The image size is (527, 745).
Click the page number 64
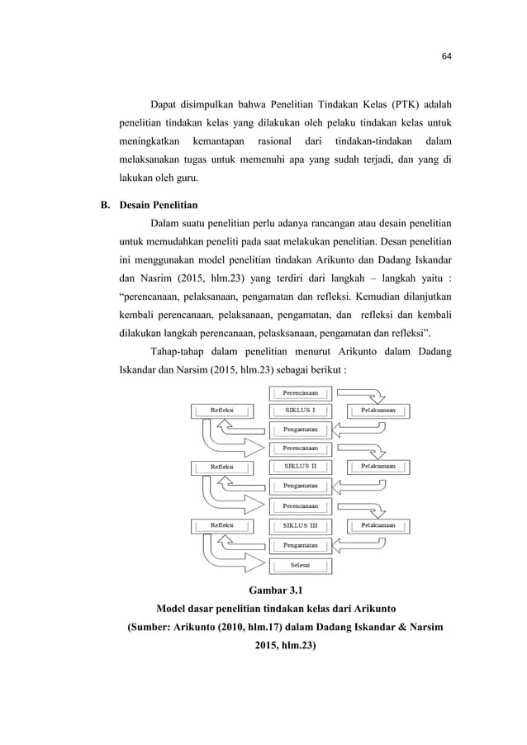(447, 57)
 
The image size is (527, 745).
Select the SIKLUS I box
(300, 410)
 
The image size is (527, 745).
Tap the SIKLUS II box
(300, 466)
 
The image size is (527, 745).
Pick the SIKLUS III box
(300, 525)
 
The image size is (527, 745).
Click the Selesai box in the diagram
(300, 566)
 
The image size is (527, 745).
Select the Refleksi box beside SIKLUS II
(221, 466)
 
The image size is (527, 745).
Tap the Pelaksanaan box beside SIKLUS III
(378, 525)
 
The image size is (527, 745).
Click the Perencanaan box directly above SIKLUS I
(300, 392)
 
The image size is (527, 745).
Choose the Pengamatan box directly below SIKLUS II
(300, 486)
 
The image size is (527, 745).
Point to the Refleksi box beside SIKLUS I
(221, 410)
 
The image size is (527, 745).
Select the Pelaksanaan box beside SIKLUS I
(378, 410)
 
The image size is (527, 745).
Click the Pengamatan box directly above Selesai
(300, 545)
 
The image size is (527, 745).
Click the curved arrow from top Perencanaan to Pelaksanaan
(363, 394)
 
